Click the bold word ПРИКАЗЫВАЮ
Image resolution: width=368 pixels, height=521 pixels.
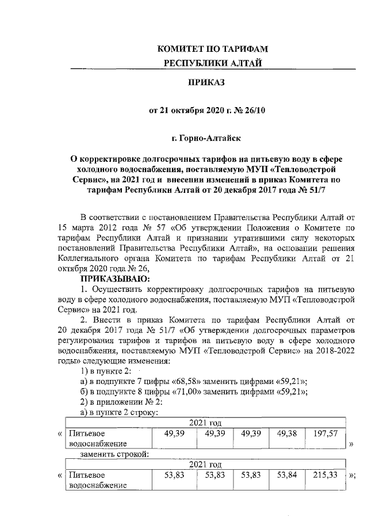pos(97,277)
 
